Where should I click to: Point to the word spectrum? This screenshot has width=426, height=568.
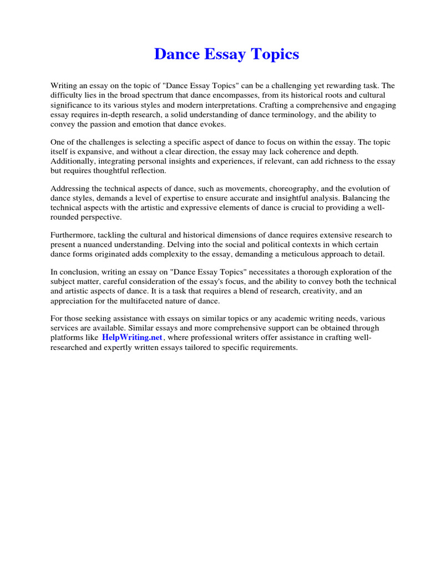point(154,95)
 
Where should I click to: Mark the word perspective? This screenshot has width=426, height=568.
point(106,217)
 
